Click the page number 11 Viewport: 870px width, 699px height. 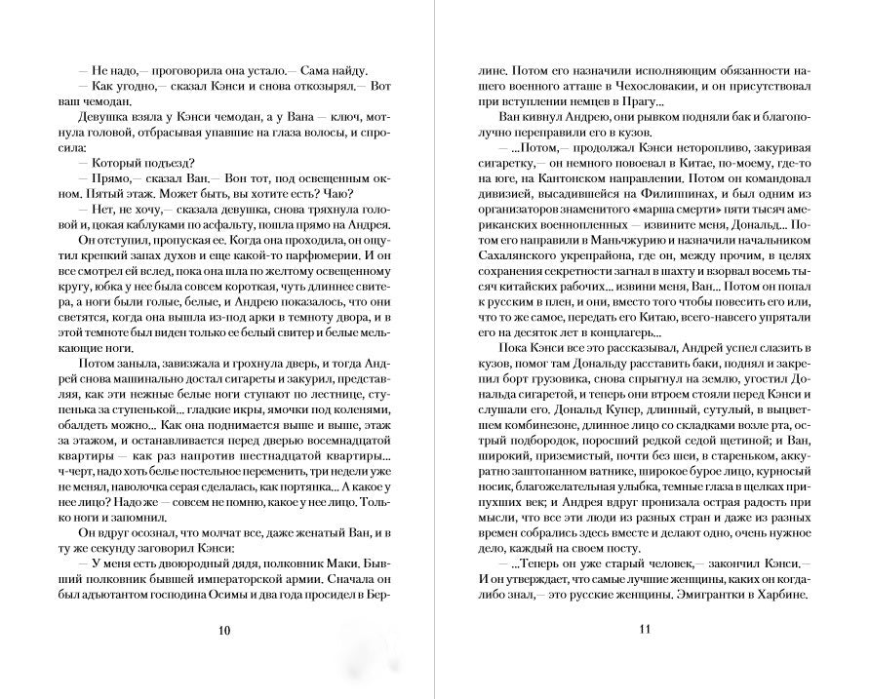point(644,629)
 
